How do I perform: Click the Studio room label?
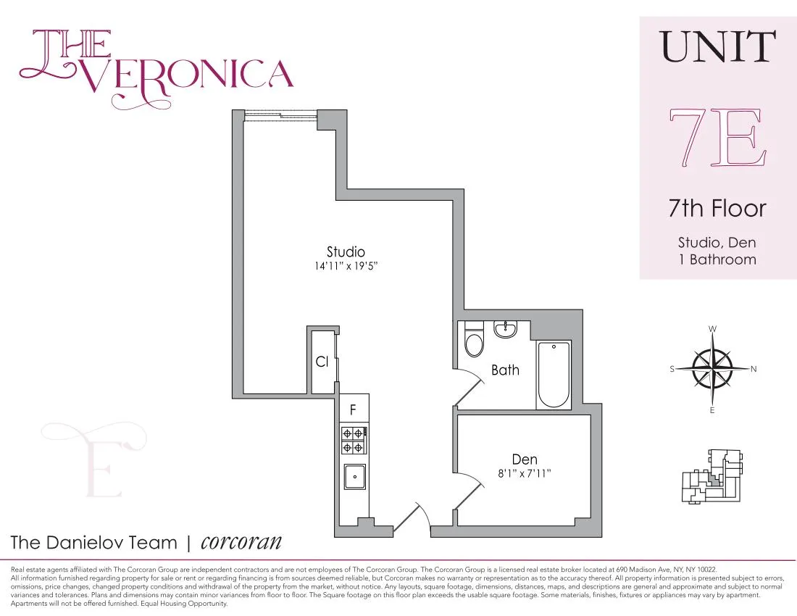(x=346, y=252)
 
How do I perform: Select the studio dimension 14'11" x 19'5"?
(x=346, y=267)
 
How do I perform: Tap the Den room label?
(x=525, y=459)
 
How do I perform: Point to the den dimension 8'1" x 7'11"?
(x=525, y=473)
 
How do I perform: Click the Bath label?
(x=505, y=370)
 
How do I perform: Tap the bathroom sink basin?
(x=505, y=330)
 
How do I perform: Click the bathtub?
(x=554, y=375)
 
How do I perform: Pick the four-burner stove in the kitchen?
(x=353, y=440)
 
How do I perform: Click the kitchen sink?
(x=354, y=476)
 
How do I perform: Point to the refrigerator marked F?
(x=354, y=409)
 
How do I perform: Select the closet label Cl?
(x=322, y=361)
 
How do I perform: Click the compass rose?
(x=712, y=368)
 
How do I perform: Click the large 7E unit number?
(x=717, y=138)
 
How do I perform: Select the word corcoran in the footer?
(x=241, y=542)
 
